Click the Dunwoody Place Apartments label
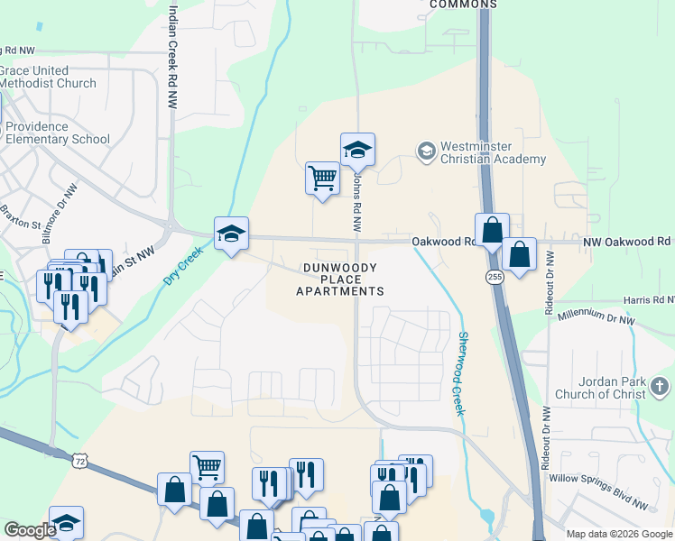pos(343,279)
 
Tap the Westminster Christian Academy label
pos(493,153)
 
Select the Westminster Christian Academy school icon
pos(425,150)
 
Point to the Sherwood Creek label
pos(462,373)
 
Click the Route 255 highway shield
pos(495,277)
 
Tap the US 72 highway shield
pos(81,461)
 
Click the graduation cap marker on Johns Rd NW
pos(357,150)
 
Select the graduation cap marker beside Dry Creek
pos(231,234)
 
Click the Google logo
pos(30,530)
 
